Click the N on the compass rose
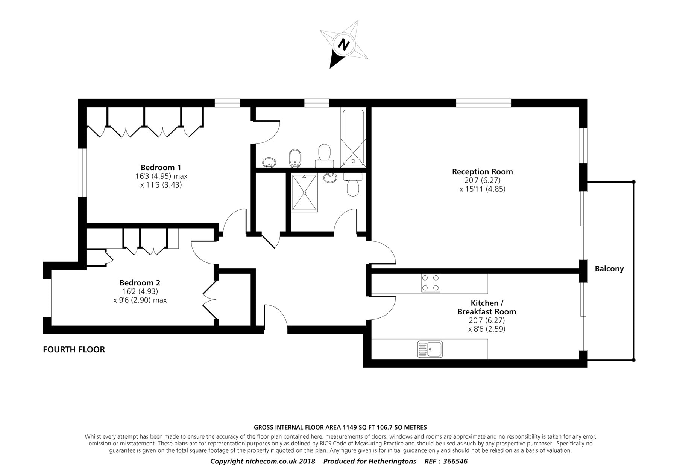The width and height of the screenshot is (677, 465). click(x=343, y=45)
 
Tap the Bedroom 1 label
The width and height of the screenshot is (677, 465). click(x=161, y=167)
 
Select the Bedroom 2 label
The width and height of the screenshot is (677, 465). click(x=140, y=282)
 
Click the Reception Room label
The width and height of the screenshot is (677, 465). click(x=483, y=172)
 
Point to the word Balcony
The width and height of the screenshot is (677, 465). click(x=609, y=269)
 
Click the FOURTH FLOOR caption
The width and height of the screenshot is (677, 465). click(x=74, y=349)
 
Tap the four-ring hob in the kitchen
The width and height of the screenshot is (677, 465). click(x=431, y=283)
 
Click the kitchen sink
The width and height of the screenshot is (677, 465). click(x=430, y=349)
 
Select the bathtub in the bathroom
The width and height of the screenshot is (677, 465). click(x=352, y=137)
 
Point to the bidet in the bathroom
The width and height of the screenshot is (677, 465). click(x=294, y=158)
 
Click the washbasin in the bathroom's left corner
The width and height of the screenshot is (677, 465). click(x=269, y=162)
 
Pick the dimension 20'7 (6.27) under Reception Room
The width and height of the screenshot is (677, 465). click(x=483, y=180)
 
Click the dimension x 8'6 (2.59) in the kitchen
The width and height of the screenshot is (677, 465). click(x=487, y=329)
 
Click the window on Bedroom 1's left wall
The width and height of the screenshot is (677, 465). click(x=82, y=172)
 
